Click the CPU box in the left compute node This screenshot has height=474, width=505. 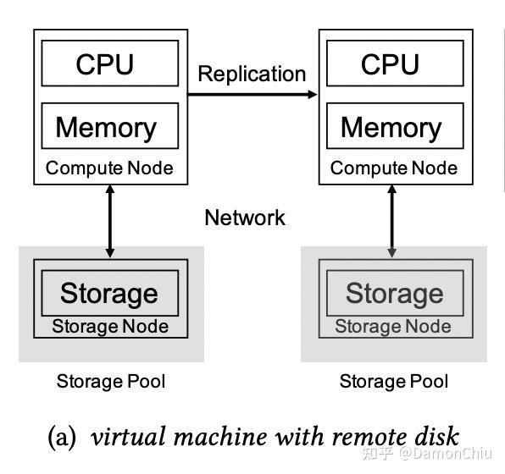[105, 64]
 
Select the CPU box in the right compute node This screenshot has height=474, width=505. [390, 64]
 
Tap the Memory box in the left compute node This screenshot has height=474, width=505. [106, 127]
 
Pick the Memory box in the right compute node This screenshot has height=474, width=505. [391, 127]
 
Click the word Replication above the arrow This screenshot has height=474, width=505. [252, 74]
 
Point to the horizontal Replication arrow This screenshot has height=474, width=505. [252, 95]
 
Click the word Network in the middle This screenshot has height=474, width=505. [245, 218]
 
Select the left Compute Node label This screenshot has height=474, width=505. [109, 168]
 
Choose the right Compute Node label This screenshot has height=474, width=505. [394, 168]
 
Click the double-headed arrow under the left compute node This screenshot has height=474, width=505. [109, 222]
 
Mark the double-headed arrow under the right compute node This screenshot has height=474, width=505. [391, 222]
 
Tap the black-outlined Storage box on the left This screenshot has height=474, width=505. [109, 293]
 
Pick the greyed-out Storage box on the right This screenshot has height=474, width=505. [394, 293]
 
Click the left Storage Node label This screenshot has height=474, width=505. [110, 326]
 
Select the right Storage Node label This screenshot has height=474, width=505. [394, 326]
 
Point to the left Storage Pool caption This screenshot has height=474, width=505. [111, 381]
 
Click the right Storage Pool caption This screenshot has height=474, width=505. [394, 381]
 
